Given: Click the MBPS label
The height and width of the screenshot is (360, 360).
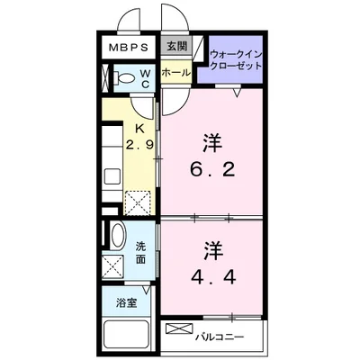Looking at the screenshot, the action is click(129, 48).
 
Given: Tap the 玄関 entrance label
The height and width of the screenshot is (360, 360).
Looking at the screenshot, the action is click(176, 46).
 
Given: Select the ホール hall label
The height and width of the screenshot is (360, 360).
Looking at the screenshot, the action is click(176, 72).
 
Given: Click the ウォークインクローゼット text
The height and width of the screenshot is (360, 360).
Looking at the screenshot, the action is click(236, 60).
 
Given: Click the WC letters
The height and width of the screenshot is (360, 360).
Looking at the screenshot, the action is click(145, 79).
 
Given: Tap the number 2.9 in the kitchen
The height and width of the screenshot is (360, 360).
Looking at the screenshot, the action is click(139, 145).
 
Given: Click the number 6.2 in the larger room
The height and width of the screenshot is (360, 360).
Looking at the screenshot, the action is click(212, 170).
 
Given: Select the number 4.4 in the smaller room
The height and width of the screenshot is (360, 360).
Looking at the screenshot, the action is click(213, 277).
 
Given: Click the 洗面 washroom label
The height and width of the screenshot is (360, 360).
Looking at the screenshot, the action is click(140, 253).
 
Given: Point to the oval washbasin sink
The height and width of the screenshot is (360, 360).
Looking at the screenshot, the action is click(117, 235).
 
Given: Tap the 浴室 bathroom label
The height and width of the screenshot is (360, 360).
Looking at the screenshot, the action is click(127, 303).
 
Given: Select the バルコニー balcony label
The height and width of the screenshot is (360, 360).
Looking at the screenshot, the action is click(220, 337).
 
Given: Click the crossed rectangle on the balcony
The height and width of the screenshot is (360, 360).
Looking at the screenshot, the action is click(179, 328).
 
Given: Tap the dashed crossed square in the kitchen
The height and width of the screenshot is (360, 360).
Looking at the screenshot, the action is click(138, 202).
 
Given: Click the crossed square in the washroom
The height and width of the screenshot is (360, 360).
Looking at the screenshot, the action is click(112, 266).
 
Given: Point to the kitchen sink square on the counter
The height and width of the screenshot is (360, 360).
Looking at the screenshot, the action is click(112, 177).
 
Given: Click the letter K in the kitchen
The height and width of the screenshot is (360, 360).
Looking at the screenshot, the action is click(139, 129).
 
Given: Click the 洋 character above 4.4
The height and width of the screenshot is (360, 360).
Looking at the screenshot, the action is click(214, 250).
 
